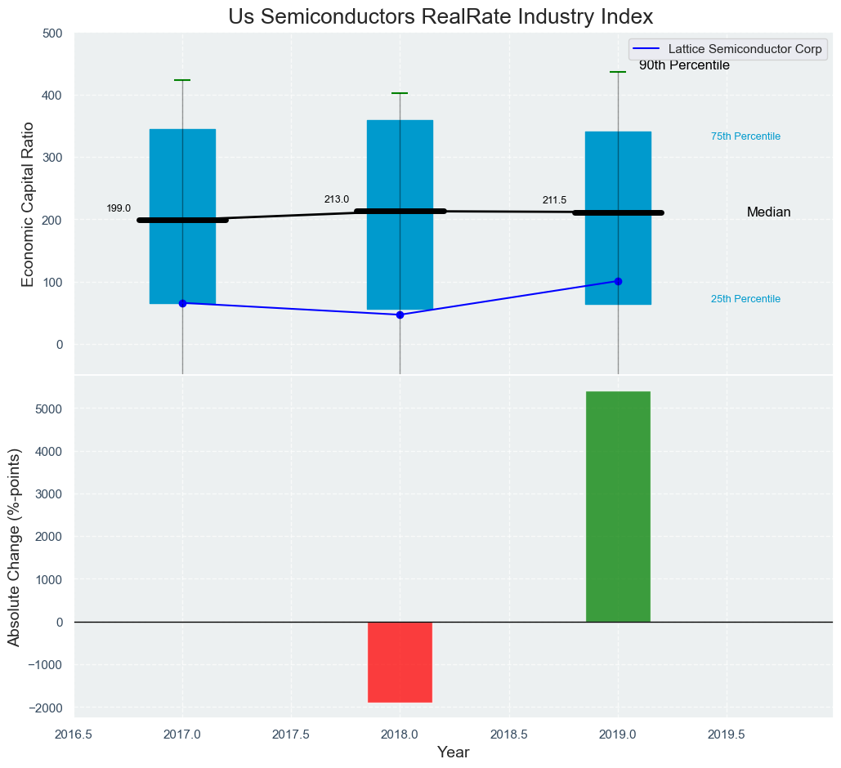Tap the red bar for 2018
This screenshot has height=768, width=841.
pos(400,662)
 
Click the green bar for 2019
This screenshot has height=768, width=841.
pos(618,507)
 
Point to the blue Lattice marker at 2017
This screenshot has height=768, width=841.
pos(182,303)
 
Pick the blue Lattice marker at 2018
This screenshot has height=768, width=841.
pos(400,315)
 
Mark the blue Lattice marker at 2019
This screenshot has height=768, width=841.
pos(618,281)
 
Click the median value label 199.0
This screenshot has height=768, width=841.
pos(119,209)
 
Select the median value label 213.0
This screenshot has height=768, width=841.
pos(336,199)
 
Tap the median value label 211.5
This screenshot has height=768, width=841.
pos(554,201)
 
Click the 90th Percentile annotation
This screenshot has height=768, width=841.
pos(684,66)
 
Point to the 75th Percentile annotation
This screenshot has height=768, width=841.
pos(745,136)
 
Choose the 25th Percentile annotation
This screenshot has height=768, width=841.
pos(745,299)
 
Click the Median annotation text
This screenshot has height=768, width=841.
pos(768,212)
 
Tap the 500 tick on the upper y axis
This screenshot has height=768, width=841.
pos(52,33)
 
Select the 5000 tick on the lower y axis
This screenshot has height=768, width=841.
pos(46,409)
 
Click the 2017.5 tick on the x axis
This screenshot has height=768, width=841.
pos(290,735)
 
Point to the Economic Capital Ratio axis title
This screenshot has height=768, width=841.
pos(28,204)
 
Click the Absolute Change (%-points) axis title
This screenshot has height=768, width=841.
pos(15,547)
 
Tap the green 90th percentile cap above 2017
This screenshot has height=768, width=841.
pos(182,80)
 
